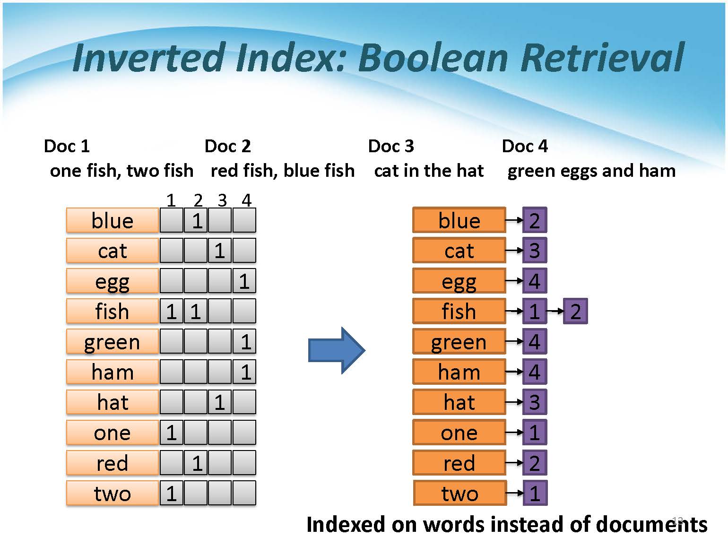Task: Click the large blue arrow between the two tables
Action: click(336, 350)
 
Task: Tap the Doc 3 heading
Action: click(391, 146)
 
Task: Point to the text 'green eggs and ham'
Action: click(591, 171)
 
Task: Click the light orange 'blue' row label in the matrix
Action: click(113, 220)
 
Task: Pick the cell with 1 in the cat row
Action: click(219, 250)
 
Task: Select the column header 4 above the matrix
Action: click(246, 200)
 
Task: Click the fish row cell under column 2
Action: click(196, 311)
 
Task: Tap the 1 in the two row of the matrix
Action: click(172, 493)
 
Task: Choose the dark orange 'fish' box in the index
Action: click(459, 311)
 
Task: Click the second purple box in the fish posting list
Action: click(575, 311)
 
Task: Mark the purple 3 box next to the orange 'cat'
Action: click(535, 250)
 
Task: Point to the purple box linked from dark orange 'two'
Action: click(535, 493)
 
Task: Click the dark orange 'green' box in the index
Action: click(459, 341)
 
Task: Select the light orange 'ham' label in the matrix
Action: click(113, 372)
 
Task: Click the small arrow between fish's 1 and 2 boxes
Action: click(555, 311)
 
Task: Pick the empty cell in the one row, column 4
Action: click(244, 432)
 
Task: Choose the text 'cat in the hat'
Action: click(429, 171)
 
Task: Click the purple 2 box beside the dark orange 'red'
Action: click(535, 462)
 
